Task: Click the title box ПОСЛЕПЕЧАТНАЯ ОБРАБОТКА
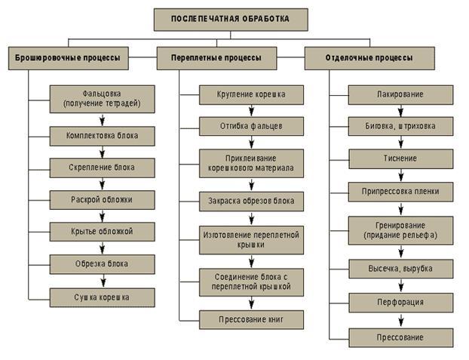pos(230,19)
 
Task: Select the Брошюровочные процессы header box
pos(69,58)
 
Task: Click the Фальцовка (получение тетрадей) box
pos(103,97)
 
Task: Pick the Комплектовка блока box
pos(103,135)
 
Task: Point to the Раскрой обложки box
pos(103,199)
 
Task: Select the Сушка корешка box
pos(103,297)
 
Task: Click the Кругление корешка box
pos(252,95)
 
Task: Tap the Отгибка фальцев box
pos(252,125)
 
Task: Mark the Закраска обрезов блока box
pos(252,201)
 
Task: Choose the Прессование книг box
pos(252,319)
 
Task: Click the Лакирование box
pos(400,94)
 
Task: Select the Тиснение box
pos(400,158)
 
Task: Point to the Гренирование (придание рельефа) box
pos(400,230)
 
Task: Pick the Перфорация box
pos(400,302)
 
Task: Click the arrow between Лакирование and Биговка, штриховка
pos(400,110)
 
